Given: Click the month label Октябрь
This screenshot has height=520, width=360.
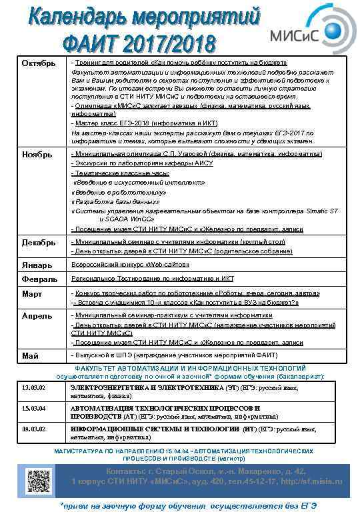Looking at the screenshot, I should click(x=37, y=64).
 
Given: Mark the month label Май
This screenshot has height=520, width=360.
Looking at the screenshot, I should click(x=29, y=355).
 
